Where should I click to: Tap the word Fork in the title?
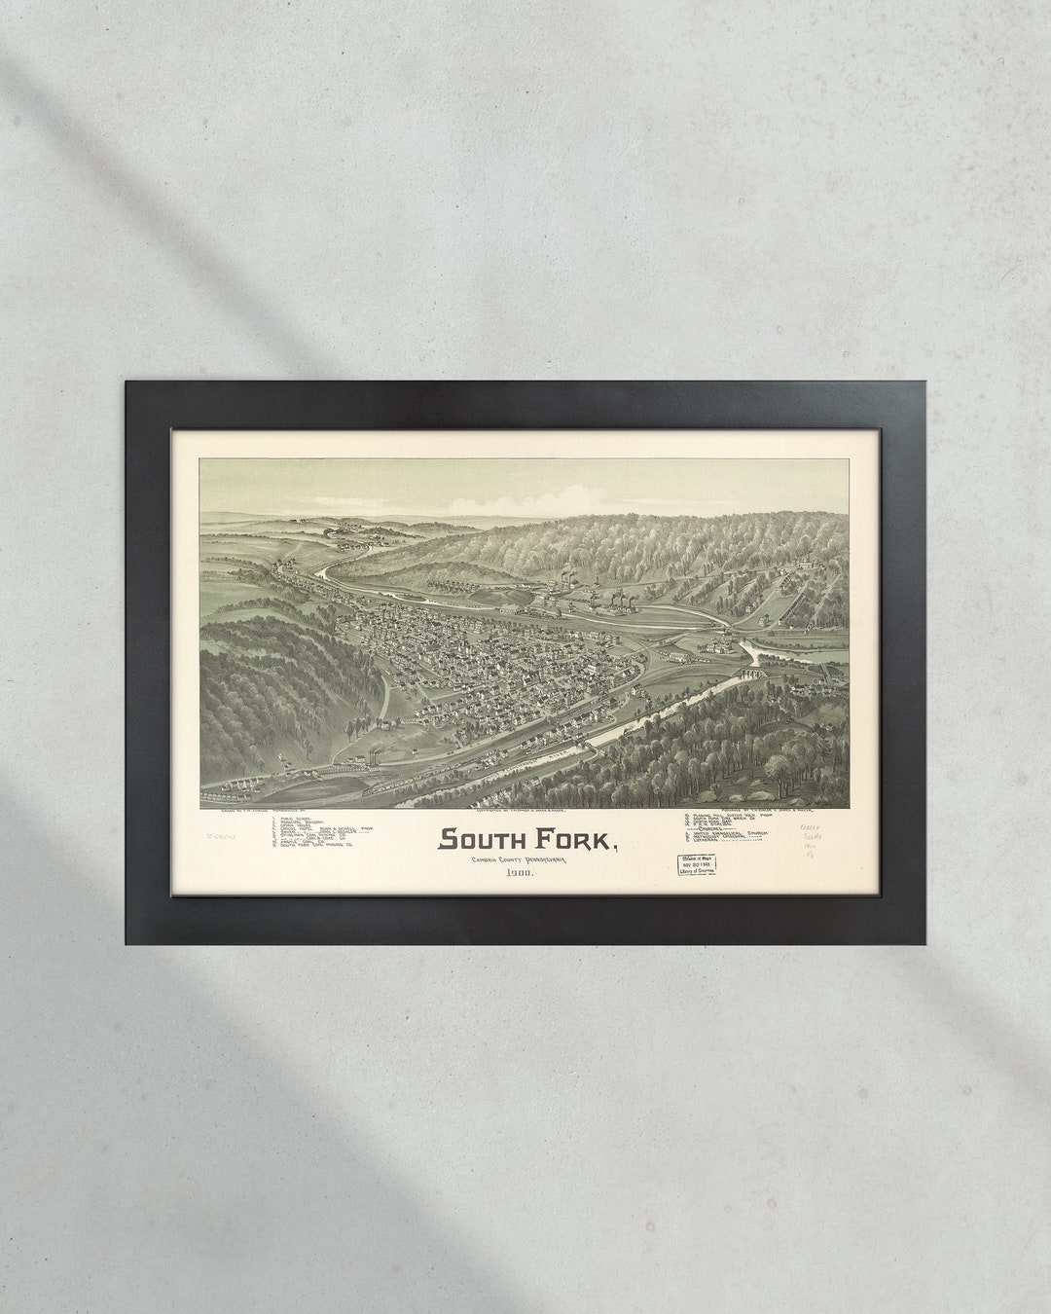[x=571, y=838]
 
